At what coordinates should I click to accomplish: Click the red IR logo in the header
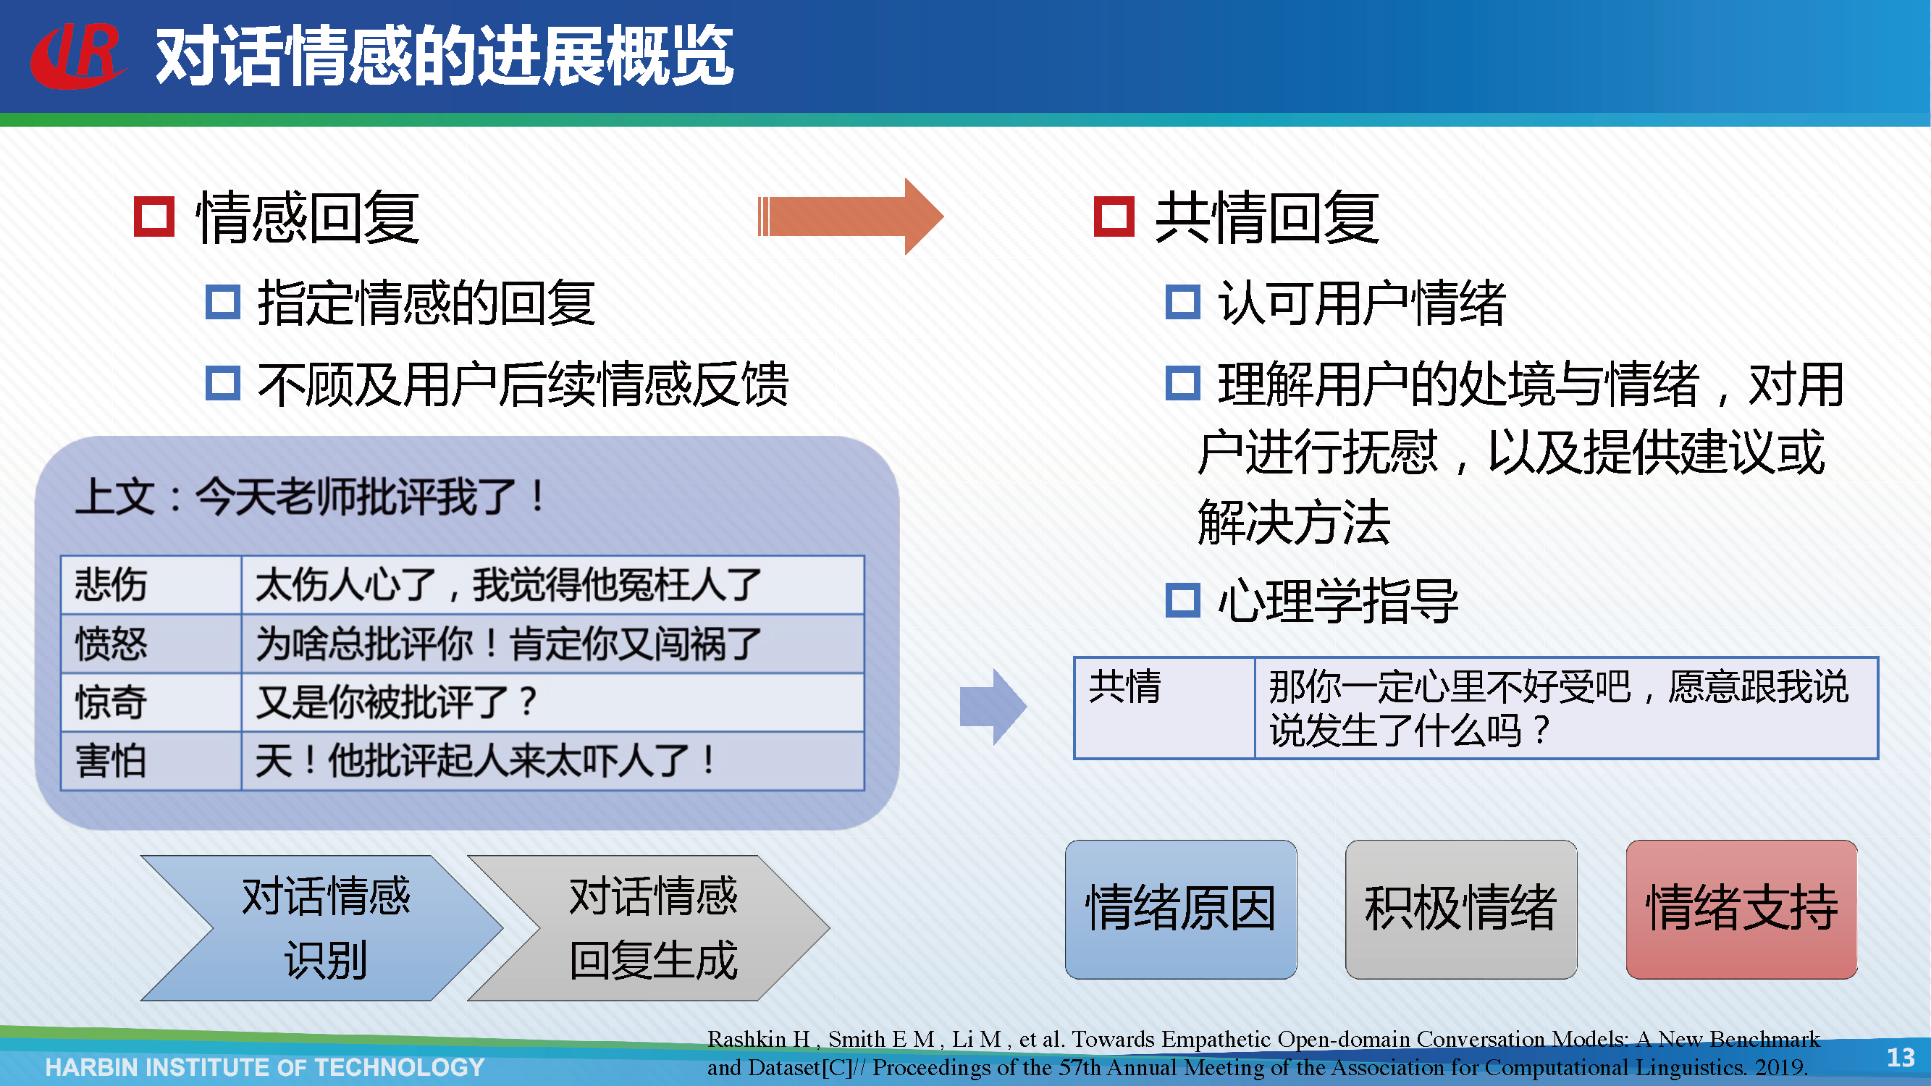coord(78,56)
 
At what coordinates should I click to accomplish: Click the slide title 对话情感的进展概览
coord(445,56)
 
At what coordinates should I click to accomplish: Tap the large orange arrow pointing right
coord(850,216)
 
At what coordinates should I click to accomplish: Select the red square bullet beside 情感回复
coord(153,216)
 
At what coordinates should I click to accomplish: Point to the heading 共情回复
coord(1268,217)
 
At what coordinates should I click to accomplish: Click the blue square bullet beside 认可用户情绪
coord(1183,302)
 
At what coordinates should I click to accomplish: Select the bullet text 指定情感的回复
coord(426,303)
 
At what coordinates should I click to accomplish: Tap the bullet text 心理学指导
coord(1339,601)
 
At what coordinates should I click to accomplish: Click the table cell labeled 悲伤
coord(151,584)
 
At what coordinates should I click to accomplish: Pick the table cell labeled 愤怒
coord(151,643)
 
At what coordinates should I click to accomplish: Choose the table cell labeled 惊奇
coord(151,702)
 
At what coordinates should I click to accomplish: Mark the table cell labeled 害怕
coord(151,761)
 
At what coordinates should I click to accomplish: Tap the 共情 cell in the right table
coord(1165,708)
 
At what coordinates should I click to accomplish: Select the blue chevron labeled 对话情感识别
coord(322,928)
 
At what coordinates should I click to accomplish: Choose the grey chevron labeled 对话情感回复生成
coord(649,928)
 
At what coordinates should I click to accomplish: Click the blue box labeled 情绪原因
coord(1182,909)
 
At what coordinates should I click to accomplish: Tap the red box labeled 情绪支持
coord(1742,909)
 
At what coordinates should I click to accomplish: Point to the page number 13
coord(1901,1057)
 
